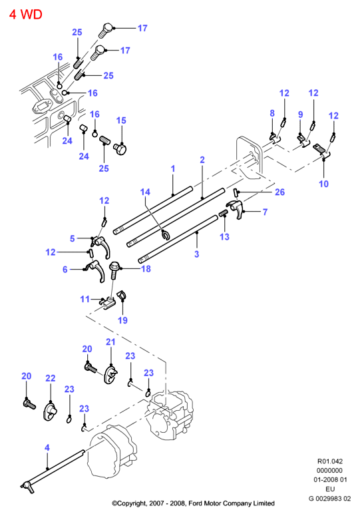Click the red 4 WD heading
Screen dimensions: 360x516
[26, 15]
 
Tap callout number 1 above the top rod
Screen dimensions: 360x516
[173, 169]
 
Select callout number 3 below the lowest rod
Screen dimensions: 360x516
[196, 254]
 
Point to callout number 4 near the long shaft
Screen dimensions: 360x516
[47, 447]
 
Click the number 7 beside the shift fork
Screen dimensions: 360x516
[265, 212]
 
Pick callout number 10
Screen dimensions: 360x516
[324, 184]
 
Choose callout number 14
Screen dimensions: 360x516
[145, 192]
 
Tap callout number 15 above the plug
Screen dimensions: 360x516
[121, 121]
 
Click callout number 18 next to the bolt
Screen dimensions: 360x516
[146, 269]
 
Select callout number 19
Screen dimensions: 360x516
[122, 320]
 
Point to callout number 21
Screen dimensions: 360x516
[110, 342]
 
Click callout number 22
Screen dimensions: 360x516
[51, 378]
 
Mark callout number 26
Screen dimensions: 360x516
[279, 192]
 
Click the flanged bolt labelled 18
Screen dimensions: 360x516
[114, 270]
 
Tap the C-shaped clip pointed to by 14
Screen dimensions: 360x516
[166, 235]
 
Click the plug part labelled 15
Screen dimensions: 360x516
[120, 149]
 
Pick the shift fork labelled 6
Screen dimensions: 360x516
[96, 270]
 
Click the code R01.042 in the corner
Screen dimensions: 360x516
[330, 461]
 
